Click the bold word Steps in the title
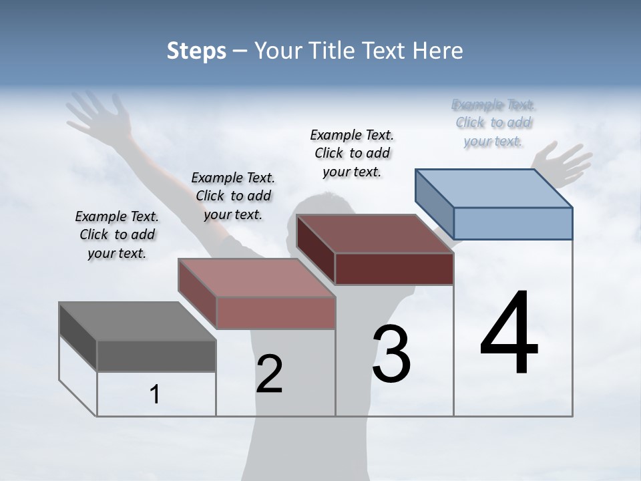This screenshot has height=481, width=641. coord(196,51)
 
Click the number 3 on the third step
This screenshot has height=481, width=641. coord(391,354)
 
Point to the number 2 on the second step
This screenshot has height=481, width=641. coord(269,374)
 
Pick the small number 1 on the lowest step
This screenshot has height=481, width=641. coord(155,394)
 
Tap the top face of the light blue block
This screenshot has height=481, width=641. coord(494,188)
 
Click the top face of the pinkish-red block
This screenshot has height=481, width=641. coord(256,278)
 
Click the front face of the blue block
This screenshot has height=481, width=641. coord(513,223)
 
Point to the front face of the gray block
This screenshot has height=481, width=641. coord(156,355)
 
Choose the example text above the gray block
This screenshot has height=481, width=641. coord(117,234)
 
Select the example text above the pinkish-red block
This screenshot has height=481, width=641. coord(233,196)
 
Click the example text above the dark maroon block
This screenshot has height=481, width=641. coord(352,153)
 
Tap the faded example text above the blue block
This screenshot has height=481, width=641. coord(493,122)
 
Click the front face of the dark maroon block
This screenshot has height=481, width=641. coord(394,269)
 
